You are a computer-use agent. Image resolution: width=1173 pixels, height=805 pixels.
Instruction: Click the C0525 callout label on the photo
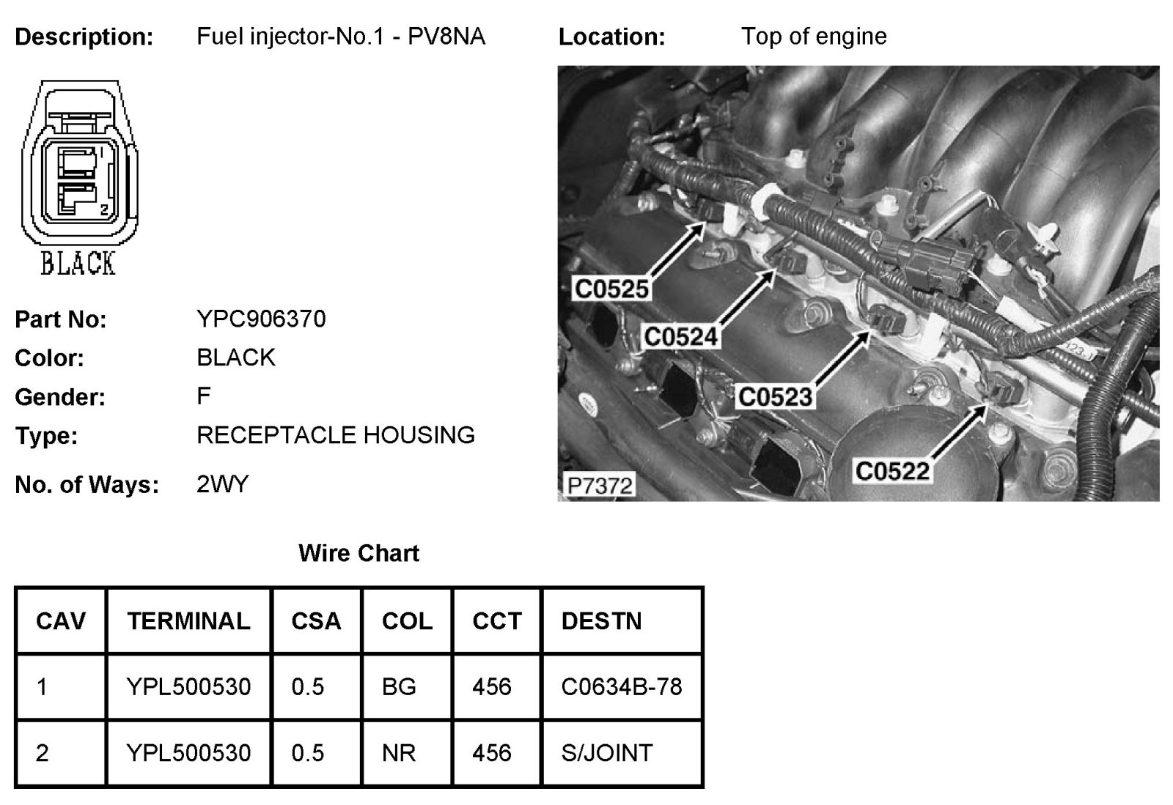point(611,289)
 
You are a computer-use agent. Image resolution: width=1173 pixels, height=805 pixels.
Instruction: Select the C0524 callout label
point(680,337)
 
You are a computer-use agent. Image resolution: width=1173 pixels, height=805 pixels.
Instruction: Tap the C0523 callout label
point(775,397)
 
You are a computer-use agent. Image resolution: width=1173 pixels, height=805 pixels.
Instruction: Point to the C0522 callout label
point(892,471)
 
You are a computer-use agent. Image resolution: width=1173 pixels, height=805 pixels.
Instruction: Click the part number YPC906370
point(261,319)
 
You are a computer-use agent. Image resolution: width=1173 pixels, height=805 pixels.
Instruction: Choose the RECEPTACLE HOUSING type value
point(335,435)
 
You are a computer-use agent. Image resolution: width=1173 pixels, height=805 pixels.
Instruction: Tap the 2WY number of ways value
point(222,484)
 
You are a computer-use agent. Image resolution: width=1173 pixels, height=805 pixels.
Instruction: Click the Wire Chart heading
point(358,553)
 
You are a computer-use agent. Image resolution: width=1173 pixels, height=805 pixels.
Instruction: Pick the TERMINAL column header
point(188,621)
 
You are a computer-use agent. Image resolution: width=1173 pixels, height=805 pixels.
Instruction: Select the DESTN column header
point(601,621)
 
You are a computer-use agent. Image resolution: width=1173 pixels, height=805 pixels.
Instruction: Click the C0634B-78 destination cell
point(621,686)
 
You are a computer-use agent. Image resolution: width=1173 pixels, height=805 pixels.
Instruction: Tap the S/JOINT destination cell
point(606,753)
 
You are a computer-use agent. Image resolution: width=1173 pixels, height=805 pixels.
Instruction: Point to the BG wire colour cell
point(399,686)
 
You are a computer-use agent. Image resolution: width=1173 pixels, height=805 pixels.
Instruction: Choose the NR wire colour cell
point(399,753)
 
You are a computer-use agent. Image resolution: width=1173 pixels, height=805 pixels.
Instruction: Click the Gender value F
point(203,396)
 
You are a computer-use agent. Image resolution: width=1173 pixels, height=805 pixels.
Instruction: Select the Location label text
point(611,37)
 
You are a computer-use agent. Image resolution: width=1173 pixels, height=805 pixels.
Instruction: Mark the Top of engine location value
point(814,36)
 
